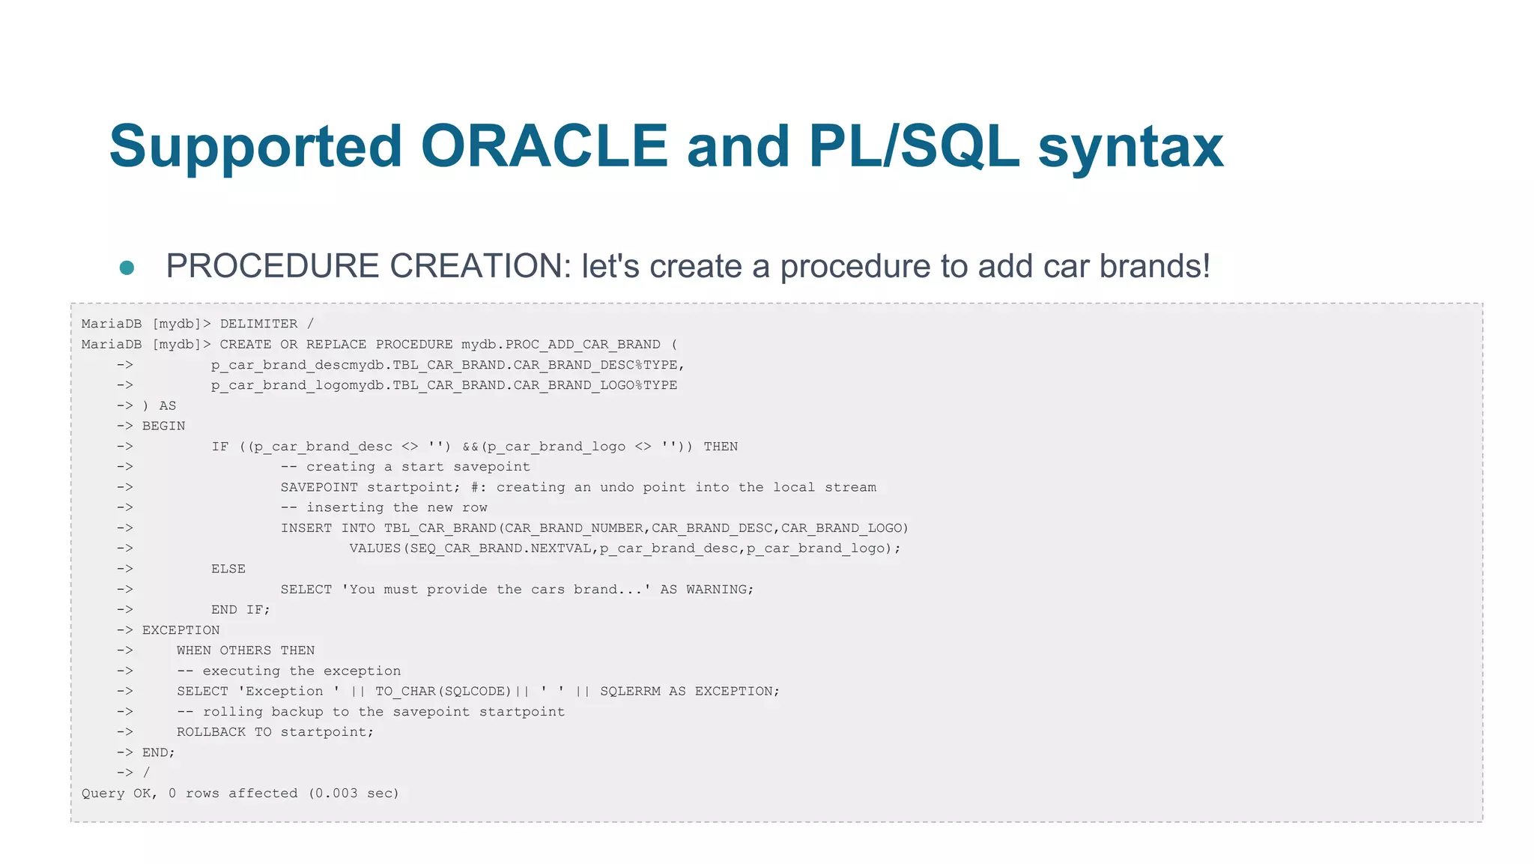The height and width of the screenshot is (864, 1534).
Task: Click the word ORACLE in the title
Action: pos(544,145)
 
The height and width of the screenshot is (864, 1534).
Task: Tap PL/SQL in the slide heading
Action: pos(914,145)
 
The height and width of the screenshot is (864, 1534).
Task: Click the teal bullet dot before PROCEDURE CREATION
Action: pos(127,268)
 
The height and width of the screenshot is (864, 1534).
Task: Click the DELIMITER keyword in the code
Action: pos(258,324)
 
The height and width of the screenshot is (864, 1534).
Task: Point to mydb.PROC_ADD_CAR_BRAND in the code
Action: pos(560,345)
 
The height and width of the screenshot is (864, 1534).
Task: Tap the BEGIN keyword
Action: pos(163,426)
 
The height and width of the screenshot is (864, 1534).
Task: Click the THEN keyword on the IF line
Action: pos(721,447)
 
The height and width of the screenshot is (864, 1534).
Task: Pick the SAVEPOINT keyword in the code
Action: pos(319,487)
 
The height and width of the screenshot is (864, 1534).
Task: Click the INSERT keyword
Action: pos(306,528)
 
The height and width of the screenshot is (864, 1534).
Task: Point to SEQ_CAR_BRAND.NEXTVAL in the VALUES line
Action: pos(500,549)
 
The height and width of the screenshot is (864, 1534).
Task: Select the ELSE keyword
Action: pos(228,569)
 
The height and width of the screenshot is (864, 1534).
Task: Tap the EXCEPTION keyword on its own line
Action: pos(181,630)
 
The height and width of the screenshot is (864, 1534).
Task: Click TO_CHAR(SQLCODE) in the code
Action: pos(443,692)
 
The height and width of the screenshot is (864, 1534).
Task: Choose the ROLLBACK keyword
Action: pos(210,732)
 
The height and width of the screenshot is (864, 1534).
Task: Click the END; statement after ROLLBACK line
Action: pos(158,752)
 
